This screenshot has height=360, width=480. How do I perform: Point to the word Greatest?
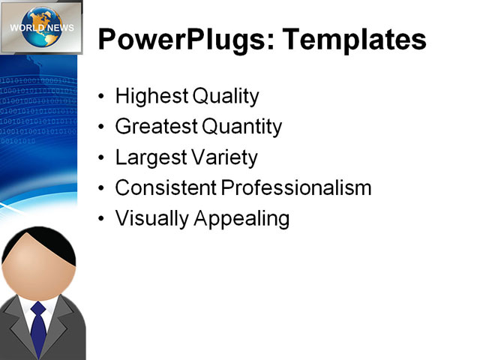pyautogui.click(x=156, y=127)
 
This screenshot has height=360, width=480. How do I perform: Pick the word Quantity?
pyautogui.click(x=244, y=127)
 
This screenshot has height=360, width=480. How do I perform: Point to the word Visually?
pyautogui.click(x=150, y=219)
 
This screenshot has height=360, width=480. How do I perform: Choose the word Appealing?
pyautogui.click(x=242, y=219)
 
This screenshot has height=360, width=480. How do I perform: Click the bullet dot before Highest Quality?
pyautogui.click(x=103, y=97)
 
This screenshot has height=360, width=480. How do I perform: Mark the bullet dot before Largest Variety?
pyautogui.click(x=103, y=159)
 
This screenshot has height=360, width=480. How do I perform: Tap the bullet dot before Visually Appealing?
pyautogui.click(x=103, y=220)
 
